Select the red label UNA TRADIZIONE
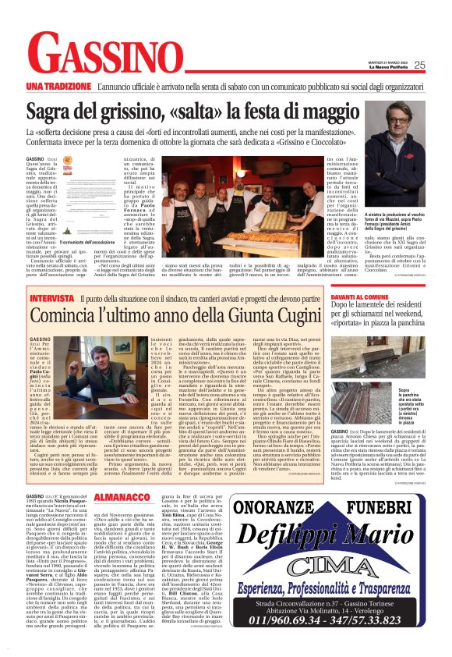coord(56,84)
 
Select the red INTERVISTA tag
coord(51,299)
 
